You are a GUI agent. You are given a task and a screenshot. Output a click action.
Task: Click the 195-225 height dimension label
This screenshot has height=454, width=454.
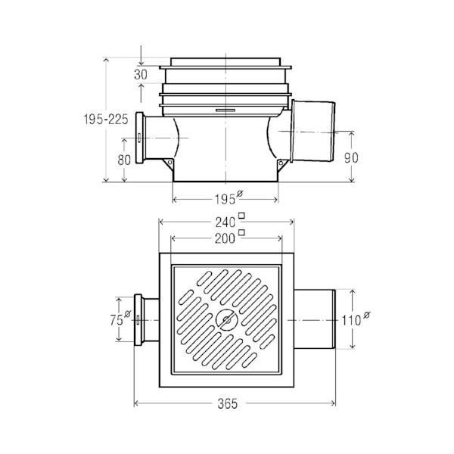106,119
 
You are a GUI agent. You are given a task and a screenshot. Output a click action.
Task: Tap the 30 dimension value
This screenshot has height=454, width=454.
141,75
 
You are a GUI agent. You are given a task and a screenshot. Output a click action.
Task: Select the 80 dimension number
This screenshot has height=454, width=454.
124,160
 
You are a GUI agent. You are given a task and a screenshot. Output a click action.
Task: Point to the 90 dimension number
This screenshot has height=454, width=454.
351,158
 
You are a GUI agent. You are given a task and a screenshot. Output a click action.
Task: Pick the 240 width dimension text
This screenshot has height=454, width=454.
225,222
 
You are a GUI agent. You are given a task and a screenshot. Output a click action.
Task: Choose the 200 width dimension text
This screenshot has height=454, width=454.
225,238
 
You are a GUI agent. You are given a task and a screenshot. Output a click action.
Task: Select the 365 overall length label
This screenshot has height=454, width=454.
228,403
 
